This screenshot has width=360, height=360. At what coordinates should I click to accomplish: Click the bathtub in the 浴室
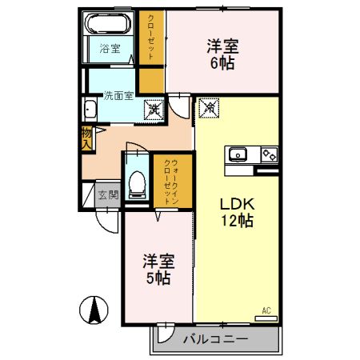pos(108,23)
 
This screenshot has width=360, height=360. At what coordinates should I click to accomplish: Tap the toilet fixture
pos(137,184)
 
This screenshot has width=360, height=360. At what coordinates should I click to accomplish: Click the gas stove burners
pos(270,154)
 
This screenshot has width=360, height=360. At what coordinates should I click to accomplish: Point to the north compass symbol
pos(94,310)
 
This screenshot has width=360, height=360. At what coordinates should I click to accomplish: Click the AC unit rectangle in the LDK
pos(266,318)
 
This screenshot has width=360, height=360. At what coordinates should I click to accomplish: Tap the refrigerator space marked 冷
pos(210,108)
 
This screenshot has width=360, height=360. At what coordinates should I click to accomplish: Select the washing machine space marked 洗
pos(154,109)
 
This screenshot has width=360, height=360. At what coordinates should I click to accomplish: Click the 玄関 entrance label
pos(108,195)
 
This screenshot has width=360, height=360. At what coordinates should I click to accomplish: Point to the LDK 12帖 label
pos(237,212)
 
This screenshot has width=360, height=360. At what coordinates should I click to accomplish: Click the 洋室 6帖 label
pos(222,54)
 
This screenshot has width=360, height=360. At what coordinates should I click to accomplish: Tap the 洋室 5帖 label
pos(158,270)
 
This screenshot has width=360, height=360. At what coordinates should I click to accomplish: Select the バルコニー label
pos(215,339)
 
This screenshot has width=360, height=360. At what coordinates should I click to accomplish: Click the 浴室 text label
pos(110,49)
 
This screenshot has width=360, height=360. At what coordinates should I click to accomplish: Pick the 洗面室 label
pos(118,95)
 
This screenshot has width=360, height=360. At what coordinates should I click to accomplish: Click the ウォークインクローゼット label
pos(171,182)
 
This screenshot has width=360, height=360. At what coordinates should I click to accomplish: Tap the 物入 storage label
pos(86,138)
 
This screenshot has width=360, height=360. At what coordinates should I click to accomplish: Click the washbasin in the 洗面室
pos(90,110)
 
